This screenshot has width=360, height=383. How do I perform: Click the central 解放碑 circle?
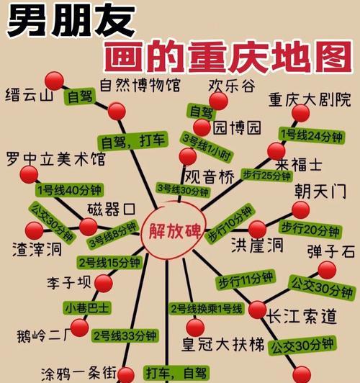(x=174, y=230)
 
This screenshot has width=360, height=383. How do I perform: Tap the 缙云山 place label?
(x=30, y=94)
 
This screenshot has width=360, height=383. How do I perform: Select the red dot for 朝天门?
(x=301, y=209)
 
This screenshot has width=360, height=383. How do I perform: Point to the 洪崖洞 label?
(x=257, y=245)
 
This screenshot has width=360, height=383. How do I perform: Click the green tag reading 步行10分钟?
(x=230, y=223)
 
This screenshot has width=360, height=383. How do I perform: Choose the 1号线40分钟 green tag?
(x=69, y=190)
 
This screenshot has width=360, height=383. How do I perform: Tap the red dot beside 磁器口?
(x=88, y=227)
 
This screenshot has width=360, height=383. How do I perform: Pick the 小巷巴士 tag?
(x=87, y=308)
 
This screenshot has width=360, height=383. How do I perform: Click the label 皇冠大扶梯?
(x=222, y=345)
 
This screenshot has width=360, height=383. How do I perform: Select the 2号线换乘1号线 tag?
(x=207, y=309)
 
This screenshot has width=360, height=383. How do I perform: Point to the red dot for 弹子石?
(x=327, y=270)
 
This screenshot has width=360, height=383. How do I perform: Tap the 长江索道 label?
(x=302, y=316)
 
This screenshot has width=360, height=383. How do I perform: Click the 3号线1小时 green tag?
(x=207, y=147)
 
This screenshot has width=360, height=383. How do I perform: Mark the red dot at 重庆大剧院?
(x=301, y=113)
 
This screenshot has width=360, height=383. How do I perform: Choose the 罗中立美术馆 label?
(x=55, y=159)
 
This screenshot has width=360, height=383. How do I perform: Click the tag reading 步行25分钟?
(x=266, y=176)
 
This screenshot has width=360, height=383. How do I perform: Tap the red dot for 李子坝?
(x=104, y=284)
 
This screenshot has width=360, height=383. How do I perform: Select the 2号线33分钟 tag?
(x=125, y=335)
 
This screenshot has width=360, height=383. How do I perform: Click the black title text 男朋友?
(x=71, y=21)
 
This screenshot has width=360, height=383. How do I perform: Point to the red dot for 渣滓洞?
(x=34, y=231)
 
